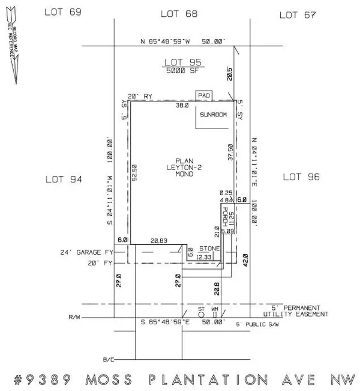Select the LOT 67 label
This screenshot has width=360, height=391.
[x=298, y=14]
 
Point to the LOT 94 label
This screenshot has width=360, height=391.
[x=64, y=178]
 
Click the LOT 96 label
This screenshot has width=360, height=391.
[x=302, y=177]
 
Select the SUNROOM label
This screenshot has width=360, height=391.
[x=214, y=115]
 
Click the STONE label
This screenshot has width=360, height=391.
[x=209, y=248]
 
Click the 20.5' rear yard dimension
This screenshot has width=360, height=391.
[x=229, y=72]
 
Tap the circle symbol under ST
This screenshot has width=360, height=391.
[x=201, y=314]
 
